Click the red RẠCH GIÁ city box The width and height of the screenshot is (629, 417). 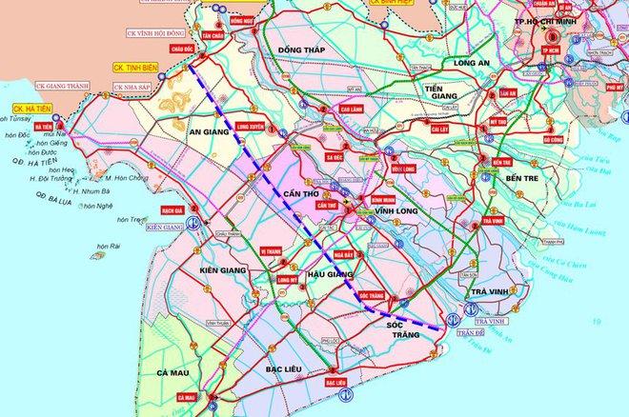[172, 208]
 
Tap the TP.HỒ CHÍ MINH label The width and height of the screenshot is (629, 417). [560, 25]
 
